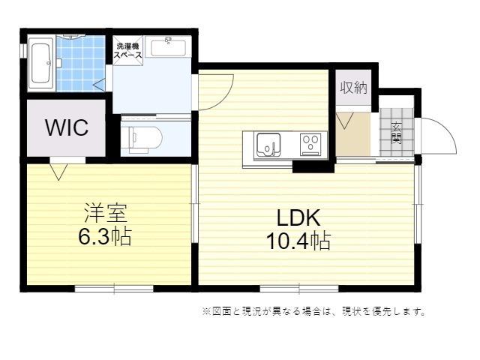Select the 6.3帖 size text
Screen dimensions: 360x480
tap(104, 237)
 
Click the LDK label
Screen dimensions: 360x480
tap(298, 218)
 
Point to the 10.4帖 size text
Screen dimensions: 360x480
tap(298, 241)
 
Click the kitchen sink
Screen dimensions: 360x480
tap(268, 143)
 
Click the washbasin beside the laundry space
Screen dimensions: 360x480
tap(168, 46)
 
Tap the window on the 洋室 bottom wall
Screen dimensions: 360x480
tap(115, 288)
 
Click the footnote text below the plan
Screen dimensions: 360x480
tap(313, 311)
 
